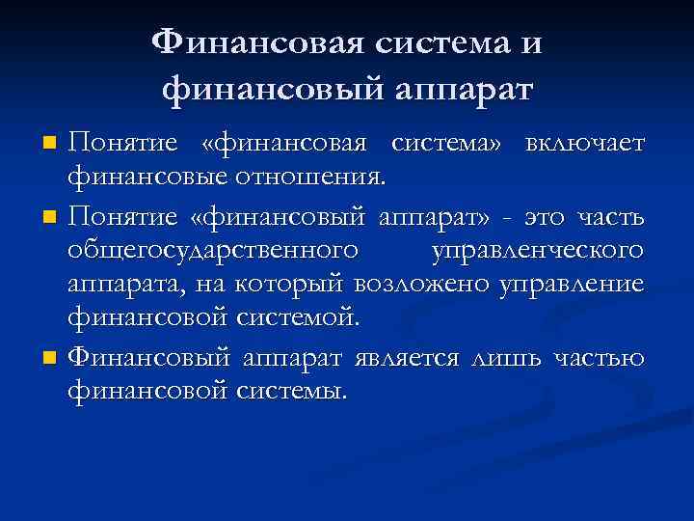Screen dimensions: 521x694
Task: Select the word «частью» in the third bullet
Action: pyautogui.click(x=598, y=358)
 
